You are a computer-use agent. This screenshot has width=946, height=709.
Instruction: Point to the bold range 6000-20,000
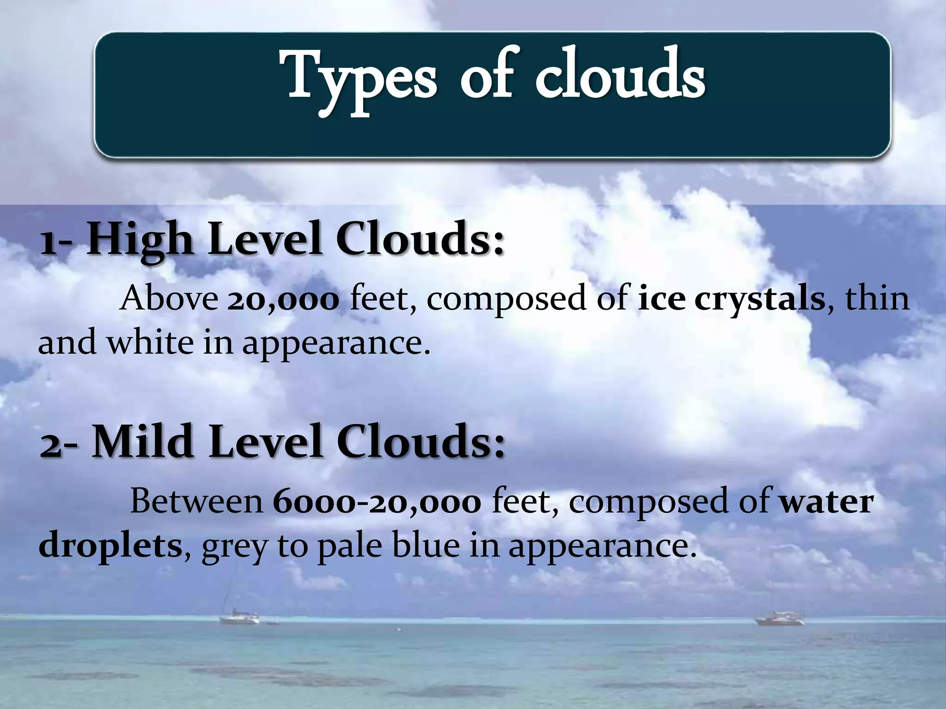click(x=377, y=502)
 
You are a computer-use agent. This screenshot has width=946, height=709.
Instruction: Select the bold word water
click(x=827, y=502)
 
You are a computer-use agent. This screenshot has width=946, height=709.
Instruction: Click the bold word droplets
click(x=110, y=547)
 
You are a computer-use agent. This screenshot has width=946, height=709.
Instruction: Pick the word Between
click(x=197, y=502)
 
